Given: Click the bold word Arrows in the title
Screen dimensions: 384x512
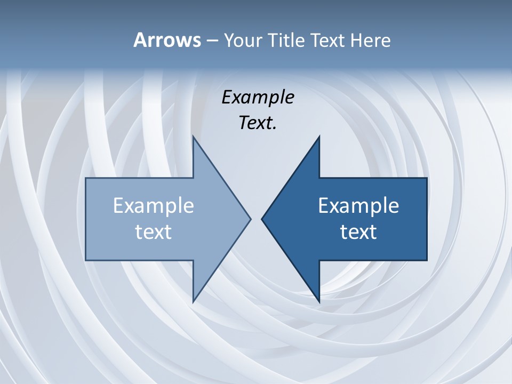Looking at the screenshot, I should click(167, 40).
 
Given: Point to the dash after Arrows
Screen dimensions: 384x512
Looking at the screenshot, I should click(211, 41).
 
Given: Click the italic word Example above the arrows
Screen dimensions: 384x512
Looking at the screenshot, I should click(258, 98).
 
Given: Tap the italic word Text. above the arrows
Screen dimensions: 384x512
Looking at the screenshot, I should click(258, 123).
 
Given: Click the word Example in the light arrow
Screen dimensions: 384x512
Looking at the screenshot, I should click(154, 205).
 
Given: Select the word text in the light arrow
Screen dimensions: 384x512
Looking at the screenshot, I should click(154, 231).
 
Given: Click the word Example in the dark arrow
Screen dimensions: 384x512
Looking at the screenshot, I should click(358, 205).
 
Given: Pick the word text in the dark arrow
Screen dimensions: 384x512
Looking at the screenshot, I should click(358, 231).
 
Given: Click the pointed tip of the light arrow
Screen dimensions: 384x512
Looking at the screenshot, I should click(250, 219).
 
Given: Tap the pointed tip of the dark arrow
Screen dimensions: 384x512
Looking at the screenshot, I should click(262, 219).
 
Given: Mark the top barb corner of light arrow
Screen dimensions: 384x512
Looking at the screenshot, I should click(194, 138).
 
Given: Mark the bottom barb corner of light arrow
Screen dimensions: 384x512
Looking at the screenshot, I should click(194, 301).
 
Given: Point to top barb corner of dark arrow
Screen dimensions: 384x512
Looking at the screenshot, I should click(319, 138).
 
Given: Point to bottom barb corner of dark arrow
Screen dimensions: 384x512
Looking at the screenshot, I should click(319, 301).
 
